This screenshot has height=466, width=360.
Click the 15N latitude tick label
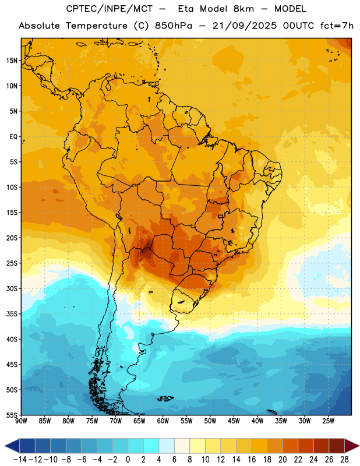12,61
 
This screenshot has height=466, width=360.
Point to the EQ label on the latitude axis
13,137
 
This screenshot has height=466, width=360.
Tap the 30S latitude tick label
12,288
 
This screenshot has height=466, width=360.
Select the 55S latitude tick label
12,415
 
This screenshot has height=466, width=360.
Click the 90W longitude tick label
22,421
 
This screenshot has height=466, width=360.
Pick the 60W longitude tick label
163,421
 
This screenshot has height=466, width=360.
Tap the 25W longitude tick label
328,421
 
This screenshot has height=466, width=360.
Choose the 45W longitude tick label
234,421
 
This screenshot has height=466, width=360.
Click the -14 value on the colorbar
20,460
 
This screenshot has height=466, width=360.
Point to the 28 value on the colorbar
344,460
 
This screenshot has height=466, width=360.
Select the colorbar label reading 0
128,460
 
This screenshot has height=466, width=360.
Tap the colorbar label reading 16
252,460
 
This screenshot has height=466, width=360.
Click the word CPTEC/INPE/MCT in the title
110,9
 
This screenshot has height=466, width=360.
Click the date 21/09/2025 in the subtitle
244,26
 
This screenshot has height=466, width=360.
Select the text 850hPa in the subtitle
174,26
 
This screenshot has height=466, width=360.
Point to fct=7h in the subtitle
337,26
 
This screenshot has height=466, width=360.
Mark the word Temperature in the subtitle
96,26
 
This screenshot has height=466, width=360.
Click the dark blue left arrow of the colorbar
12,446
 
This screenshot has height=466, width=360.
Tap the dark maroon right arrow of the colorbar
352,446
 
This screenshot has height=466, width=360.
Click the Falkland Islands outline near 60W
165,398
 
